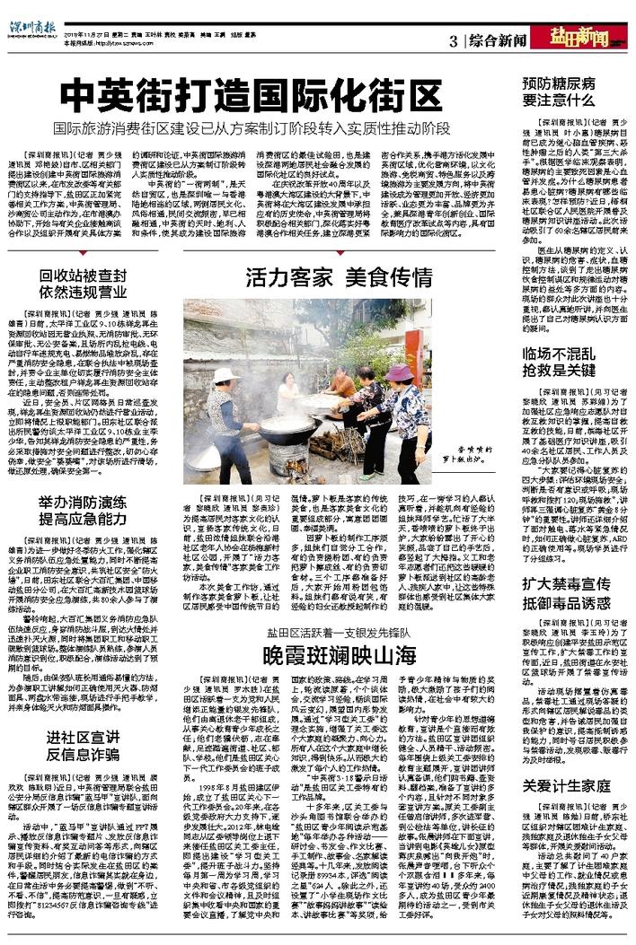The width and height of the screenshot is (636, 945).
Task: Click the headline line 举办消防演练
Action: click(x=89, y=524)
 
